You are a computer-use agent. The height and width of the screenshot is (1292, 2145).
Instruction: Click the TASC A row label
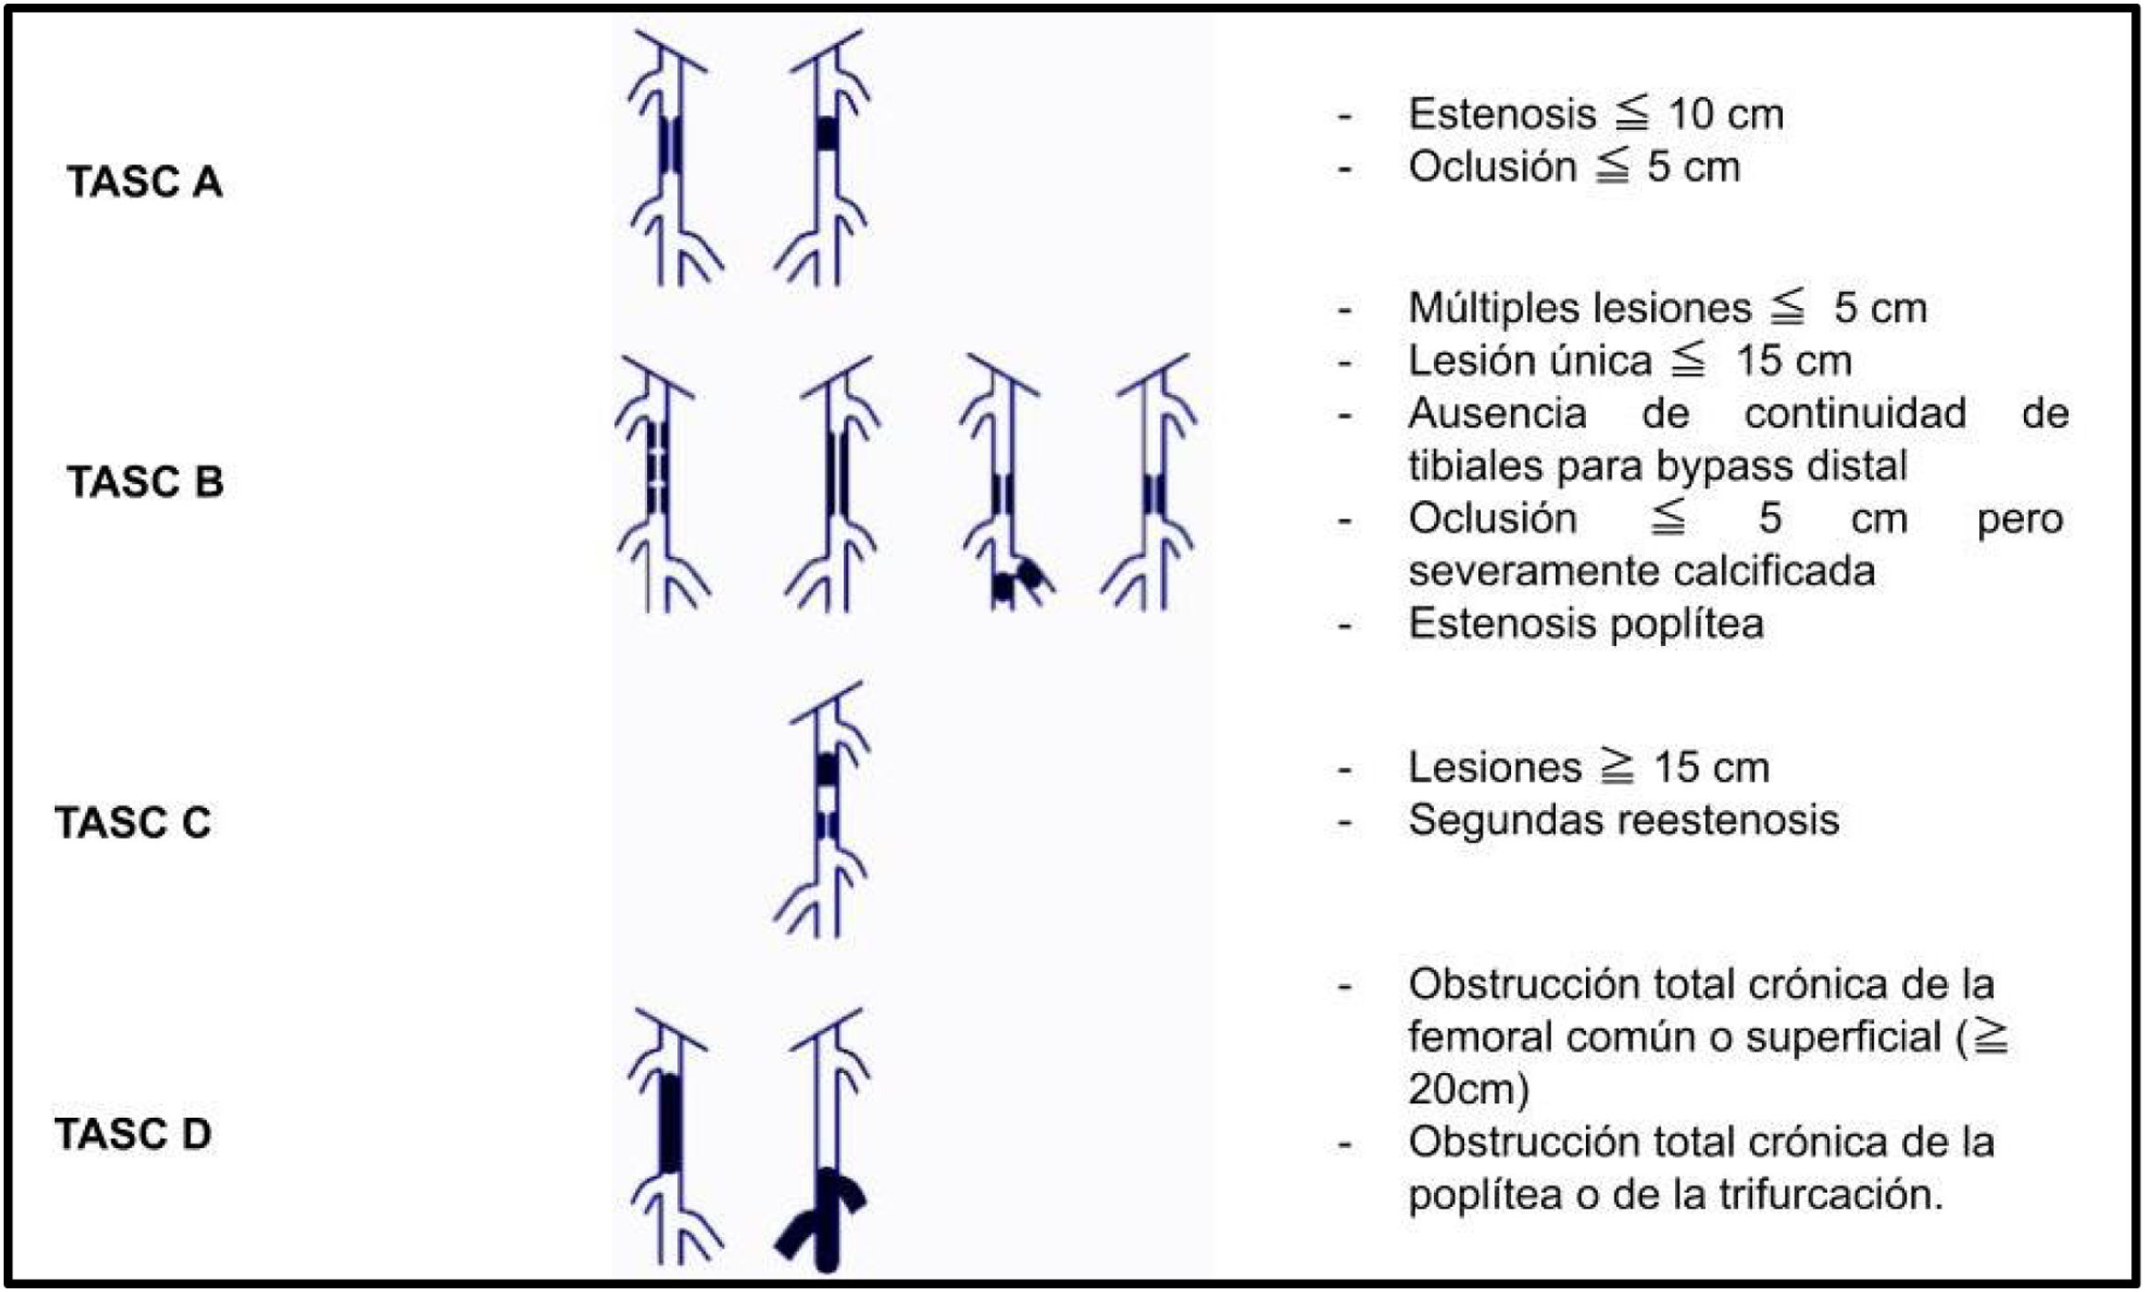point(145,181)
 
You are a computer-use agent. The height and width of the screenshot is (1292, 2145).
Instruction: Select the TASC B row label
point(145,482)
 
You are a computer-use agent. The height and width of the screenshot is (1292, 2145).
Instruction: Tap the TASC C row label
point(133,822)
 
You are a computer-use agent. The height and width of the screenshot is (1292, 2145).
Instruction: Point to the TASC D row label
point(133,1134)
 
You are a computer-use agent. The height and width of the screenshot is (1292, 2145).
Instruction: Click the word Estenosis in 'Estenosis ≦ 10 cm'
point(1502,115)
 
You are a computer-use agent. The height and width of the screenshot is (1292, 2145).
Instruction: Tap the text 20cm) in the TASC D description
point(1469,1089)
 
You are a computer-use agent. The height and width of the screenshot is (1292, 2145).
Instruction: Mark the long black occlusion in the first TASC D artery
point(670,1123)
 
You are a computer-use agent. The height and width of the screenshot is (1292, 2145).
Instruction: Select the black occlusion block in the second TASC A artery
point(827,134)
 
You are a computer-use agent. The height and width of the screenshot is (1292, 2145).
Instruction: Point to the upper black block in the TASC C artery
point(827,770)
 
